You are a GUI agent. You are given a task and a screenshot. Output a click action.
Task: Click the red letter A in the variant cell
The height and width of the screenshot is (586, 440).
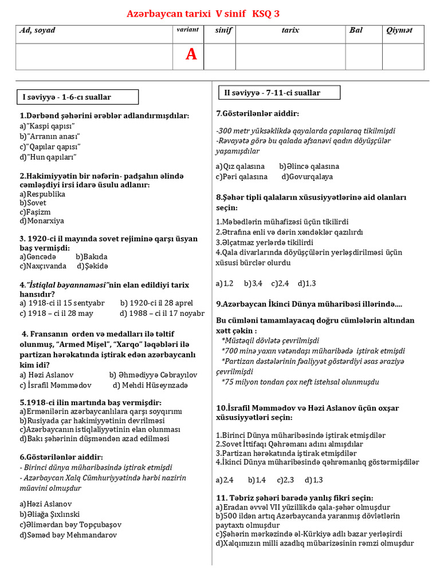click(x=191, y=54)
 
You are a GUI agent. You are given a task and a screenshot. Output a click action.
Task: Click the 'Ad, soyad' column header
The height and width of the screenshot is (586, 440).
click(x=38, y=30)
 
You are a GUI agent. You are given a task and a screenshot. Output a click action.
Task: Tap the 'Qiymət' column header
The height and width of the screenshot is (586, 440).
click(x=399, y=30)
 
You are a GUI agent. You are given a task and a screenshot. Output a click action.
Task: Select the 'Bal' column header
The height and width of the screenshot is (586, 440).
click(x=356, y=30)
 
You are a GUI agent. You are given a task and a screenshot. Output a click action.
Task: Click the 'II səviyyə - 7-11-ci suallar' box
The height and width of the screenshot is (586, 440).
click(x=272, y=93)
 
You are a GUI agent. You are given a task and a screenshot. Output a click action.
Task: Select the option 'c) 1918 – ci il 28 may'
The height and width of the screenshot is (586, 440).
click(x=56, y=313)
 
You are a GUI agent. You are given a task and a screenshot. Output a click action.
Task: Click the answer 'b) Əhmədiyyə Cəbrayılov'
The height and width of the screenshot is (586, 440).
click(x=153, y=375)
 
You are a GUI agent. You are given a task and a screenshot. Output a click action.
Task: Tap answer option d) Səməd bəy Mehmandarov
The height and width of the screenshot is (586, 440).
click(x=68, y=535)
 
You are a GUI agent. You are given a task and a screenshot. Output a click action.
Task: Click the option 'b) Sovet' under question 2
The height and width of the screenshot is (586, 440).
click(x=33, y=203)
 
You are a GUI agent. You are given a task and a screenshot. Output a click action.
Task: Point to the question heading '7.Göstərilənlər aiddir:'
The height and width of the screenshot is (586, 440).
click(x=257, y=113)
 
